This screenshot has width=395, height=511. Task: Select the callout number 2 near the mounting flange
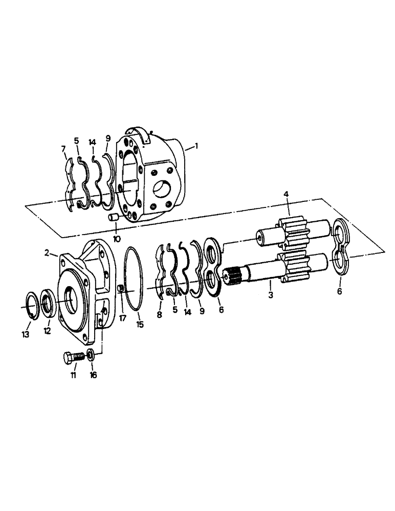[x=47, y=252]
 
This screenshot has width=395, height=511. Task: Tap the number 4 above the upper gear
[x=286, y=195]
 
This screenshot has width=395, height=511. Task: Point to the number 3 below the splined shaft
[x=270, y=295]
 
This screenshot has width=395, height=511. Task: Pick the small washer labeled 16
[x=90, y=355]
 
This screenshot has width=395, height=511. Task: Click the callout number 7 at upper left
[x=63, y=149]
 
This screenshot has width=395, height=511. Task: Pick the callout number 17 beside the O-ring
[x=122, y=317]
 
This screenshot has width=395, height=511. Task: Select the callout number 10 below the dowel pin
[x=117, y=239]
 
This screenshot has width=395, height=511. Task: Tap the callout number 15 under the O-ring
[x=139, y=324]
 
